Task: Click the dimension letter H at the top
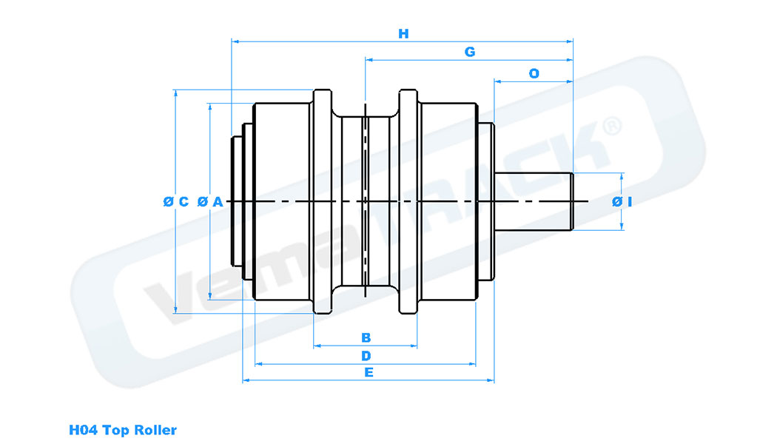[403, 33]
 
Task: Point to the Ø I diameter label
[622, 202]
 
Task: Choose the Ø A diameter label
[210, 201]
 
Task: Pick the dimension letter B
[366, 337]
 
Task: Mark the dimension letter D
[366, 356]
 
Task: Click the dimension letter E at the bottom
[369, 372]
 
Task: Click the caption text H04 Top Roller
[123, 429]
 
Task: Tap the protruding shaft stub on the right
[534, 201]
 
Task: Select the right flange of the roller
[409, 202]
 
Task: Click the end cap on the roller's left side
[239, 201]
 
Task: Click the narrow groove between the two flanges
[366, 201]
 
